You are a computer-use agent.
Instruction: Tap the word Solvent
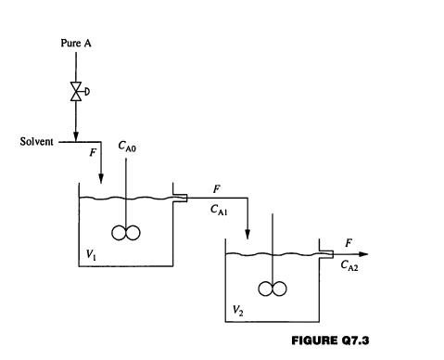point(37,142)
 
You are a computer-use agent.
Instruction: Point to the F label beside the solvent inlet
point(92,153)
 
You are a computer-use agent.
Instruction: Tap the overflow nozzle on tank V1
point(180,197)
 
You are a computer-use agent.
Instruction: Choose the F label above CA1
point(217,188)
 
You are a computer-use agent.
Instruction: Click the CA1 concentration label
point(219,211)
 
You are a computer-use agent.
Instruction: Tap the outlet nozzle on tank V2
point(325,253)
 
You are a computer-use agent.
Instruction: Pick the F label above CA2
point(349,242)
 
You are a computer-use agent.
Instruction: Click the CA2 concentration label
point(351,266)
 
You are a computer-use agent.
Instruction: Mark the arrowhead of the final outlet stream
point(363,253)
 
